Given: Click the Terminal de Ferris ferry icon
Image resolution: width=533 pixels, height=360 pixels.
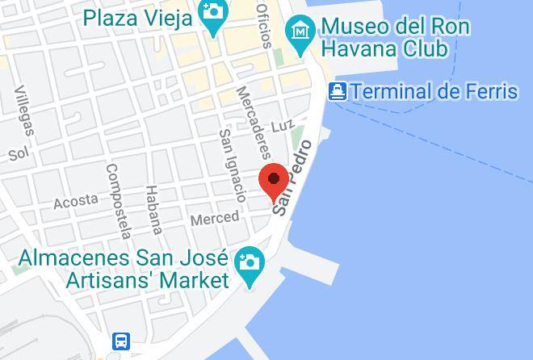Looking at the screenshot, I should (x=338, y=91).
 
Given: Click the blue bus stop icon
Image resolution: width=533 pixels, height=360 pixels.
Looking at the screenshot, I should (x=121, y=341).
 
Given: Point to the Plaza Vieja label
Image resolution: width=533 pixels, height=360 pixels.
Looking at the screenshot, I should (x=137, y=16).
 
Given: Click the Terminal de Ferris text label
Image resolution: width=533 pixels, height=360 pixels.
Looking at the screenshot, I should (x=434, y=91).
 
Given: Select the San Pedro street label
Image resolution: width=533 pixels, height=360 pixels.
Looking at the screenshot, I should (x=292, y=178).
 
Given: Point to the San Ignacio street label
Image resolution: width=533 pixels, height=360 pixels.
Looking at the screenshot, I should (x=233, y=165).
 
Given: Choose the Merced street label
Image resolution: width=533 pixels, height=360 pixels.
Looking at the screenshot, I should (x=214, y=218).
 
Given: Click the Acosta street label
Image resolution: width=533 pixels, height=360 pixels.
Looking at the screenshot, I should (x=75, y=201).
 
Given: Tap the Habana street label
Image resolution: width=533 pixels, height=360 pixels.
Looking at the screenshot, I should (x=153, y=209).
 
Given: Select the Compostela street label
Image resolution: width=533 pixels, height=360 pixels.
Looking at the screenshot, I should (x=118, y=202).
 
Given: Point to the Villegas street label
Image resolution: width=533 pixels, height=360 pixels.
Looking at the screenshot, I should (x=23, y=110).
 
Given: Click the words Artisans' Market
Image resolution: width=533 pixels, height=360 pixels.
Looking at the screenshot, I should (x=148, y=281).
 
